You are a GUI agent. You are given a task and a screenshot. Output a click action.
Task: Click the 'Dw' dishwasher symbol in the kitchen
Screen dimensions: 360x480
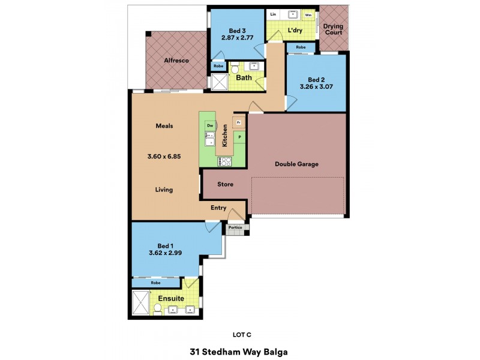(x=210, y=125)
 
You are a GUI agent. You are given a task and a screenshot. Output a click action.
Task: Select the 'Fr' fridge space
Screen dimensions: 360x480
(x=238, y=122)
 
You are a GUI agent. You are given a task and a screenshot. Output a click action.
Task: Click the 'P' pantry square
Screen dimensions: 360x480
(x=239, y=137)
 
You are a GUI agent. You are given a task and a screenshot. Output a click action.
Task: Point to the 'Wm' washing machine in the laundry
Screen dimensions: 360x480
(x=308, y=14)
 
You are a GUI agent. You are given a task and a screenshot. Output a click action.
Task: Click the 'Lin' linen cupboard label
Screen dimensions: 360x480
(x=273, y=14)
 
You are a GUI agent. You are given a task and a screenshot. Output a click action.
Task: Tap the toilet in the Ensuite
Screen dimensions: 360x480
(x=158, y=308)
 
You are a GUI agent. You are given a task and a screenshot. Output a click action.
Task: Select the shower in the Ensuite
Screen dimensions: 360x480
(x=141, y=302)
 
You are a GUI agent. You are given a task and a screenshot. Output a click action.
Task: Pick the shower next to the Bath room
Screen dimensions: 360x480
(x=220, y=82)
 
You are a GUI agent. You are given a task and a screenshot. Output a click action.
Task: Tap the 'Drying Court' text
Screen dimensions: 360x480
(x=333, y=29)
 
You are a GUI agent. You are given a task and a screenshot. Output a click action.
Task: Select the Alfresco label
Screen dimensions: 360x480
(x=176, y=60)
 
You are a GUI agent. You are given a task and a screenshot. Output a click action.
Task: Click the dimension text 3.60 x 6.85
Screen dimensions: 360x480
(x=164, y=156)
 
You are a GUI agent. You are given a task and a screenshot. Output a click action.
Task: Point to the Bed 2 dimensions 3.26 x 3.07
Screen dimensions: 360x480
(x=316, y=88)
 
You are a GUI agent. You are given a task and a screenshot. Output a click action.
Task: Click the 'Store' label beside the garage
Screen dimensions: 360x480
(x=225, y=184)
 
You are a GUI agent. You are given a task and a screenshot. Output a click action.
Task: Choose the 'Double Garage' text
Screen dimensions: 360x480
(x=296, y=164)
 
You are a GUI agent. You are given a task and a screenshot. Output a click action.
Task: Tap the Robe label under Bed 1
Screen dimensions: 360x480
(x=155, y=282)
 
